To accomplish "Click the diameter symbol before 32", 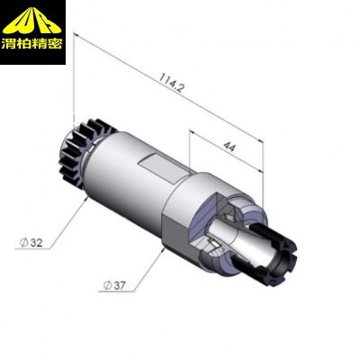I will [x=22, y=243].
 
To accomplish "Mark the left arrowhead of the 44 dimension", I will [x=193, y=131].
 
